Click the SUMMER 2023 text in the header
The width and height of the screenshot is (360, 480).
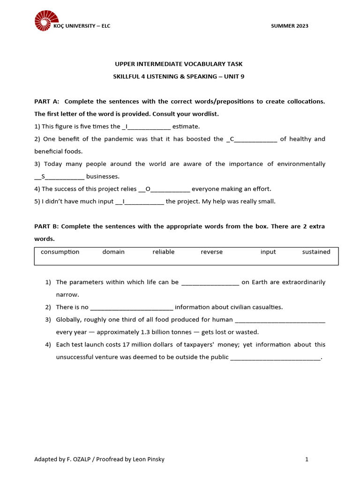pos(289,26)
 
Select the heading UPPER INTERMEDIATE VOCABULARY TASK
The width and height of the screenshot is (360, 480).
pos(179,64)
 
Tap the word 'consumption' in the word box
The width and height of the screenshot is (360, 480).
pos(60,252)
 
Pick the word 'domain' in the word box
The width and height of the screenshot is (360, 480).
pos(113,252)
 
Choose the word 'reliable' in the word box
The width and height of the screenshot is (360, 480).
pos(163,252)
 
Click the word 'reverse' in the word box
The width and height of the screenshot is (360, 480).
pos(211,252)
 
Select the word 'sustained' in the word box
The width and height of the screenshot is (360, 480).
pos(316,252)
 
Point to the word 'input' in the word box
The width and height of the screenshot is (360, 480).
pos(268,252)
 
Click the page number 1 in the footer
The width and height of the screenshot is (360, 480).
pos(307,459)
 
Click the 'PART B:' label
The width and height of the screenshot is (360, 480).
pos(46,226)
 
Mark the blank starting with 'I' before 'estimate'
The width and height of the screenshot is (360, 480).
pos(146,127)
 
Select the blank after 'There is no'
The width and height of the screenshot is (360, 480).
pos(131,307)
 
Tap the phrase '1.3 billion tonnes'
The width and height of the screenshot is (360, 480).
pos(167,332)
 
